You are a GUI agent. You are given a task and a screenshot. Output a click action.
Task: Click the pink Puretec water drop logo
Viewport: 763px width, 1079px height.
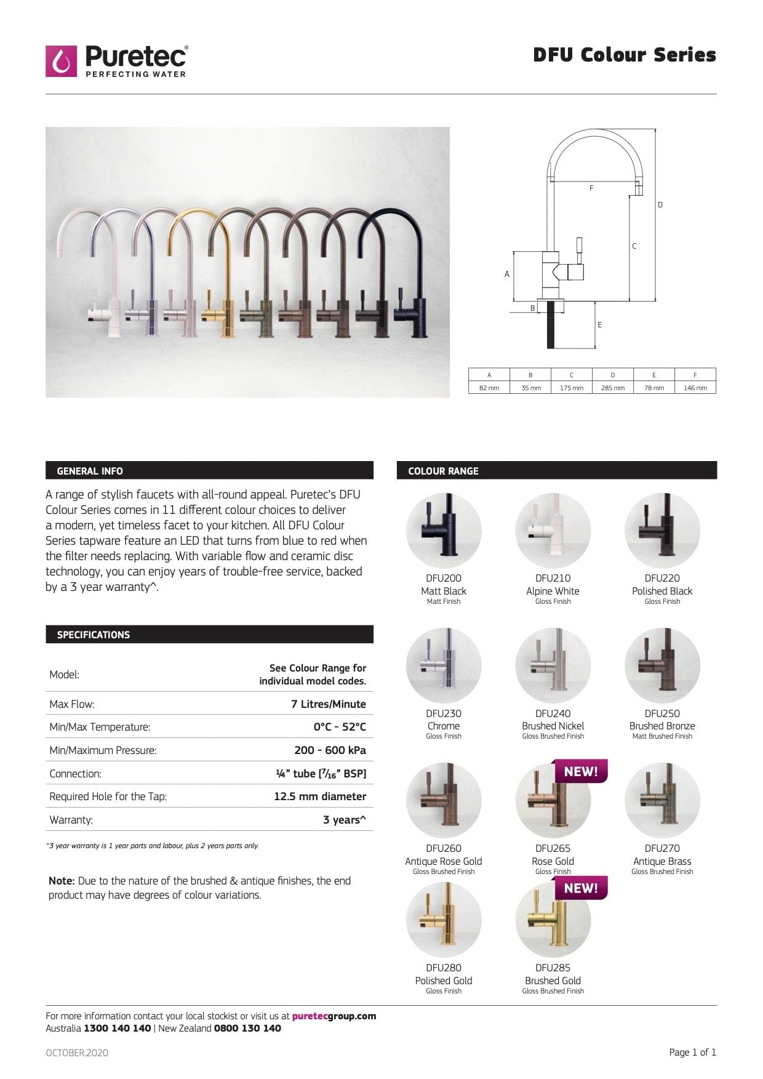[x=61, y=61]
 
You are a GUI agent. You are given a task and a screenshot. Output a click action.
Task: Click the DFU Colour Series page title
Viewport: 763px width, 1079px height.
[x=624, y=55]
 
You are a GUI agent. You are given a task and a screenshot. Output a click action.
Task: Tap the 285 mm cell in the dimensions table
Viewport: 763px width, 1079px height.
[x=612, y=388]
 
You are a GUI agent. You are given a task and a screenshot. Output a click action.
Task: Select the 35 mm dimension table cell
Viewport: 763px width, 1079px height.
[x=530, y=388]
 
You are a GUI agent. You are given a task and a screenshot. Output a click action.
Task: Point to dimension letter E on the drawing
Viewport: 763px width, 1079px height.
[x=599, y=325]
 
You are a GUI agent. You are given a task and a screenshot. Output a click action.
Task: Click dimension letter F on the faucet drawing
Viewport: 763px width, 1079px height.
[x=591, y=188]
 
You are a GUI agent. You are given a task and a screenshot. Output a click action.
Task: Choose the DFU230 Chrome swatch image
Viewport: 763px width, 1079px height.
[x=444, y=665]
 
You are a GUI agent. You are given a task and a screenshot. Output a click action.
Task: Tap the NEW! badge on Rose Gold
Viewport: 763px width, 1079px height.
[x=580, y=771]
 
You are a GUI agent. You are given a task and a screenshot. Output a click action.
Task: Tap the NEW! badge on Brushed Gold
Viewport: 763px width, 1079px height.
[x=580, y=888]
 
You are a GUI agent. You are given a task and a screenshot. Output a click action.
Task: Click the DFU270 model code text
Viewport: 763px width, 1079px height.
[x=662, y=848]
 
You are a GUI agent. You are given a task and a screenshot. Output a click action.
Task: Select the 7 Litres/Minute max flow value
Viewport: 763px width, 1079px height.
[x=328, y=704]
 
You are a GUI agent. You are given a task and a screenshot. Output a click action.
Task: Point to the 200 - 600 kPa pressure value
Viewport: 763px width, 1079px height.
[x=330, y=750]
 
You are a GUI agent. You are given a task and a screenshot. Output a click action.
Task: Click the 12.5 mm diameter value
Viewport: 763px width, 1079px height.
[x=319, y=796]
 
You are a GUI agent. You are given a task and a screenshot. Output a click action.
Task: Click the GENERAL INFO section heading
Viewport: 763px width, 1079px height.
[x=90, y=471]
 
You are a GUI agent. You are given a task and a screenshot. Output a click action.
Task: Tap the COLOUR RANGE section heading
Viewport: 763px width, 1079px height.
[x=443, y=471]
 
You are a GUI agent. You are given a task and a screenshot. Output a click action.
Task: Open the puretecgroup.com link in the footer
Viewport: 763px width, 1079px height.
[x=334, y=1016]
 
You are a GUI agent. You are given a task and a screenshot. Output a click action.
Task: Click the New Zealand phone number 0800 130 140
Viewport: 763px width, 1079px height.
[x=247, y=1028]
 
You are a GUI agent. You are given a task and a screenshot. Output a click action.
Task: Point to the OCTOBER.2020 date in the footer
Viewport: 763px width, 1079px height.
[x=77, y=1053]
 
